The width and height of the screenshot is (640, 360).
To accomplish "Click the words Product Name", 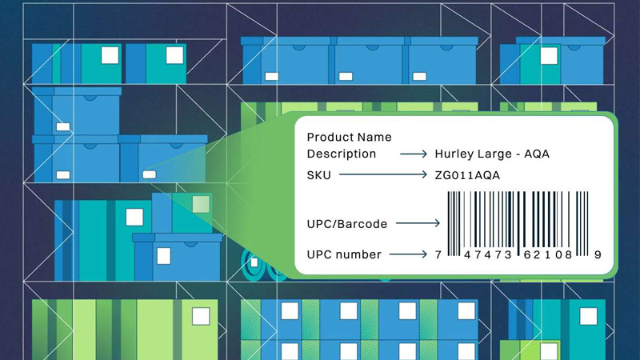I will (x=350, y=138).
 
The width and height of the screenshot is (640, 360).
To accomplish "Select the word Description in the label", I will (x=342, y=154).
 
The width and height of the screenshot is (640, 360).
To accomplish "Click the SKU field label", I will (x=318, y=174).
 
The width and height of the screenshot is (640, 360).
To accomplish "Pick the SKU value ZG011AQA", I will (x=468, y=174).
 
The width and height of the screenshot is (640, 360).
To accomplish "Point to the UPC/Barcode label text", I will (x=347, y=224).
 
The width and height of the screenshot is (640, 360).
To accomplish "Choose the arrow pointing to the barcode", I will (x=418, y=224).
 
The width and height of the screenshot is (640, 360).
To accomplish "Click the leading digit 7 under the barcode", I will (x=438, y=255).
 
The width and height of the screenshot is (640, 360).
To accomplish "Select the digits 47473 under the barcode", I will (x=485, y=255).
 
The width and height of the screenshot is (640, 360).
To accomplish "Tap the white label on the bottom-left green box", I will (x=201, y=315).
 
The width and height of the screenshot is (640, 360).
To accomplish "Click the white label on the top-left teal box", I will (x=109, y=55).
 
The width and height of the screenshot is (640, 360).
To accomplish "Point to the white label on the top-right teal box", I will (x=548, y=55).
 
